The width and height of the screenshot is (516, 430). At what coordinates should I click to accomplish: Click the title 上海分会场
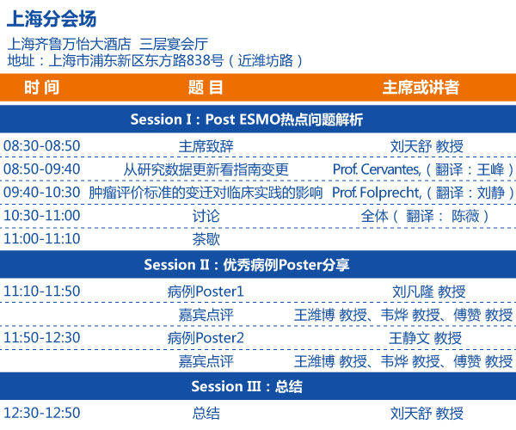(52, 19)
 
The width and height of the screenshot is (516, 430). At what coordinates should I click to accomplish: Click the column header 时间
(42, 88)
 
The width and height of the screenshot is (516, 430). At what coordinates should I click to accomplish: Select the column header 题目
(206, 88)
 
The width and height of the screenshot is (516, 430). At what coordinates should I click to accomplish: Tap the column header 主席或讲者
(421, 88)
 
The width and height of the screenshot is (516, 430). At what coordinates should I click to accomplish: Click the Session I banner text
(247, 120)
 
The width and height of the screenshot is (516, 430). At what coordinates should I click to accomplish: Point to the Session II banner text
(247, 265)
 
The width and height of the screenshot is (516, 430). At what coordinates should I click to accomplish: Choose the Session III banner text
(247, 387)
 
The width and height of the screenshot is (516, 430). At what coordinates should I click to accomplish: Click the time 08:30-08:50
(42, 146)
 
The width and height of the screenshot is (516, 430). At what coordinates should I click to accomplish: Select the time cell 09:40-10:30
(42, 193)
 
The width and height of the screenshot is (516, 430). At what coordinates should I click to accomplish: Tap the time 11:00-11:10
(42, 239)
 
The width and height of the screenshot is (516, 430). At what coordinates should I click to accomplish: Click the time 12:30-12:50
(42, 413)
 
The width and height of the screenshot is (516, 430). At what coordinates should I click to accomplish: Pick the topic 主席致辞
(206, 146)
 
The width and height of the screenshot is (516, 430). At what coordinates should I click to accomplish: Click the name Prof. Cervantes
(377, 169)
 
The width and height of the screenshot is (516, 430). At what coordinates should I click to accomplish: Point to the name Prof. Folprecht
(377, 193)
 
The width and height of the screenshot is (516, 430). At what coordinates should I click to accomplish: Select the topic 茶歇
(206, 239)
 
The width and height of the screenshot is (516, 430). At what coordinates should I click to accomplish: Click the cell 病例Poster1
(206, 292)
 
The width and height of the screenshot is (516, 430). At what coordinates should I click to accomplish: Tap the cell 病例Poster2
(206, 338)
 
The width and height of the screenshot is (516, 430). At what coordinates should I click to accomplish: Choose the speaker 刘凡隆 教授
(429, 292)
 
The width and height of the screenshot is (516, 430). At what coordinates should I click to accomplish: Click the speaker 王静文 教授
(425, 338)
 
